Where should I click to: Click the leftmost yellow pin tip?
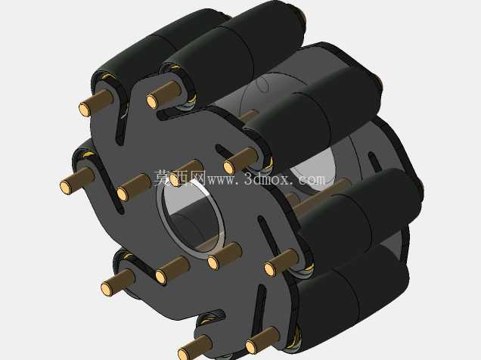point(65,187)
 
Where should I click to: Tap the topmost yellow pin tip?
point(152,101)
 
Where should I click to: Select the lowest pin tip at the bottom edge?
point(184,353)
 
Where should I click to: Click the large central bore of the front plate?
point(191,219)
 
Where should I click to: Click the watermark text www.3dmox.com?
point(267,178)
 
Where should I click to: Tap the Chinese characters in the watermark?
point(180,178)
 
